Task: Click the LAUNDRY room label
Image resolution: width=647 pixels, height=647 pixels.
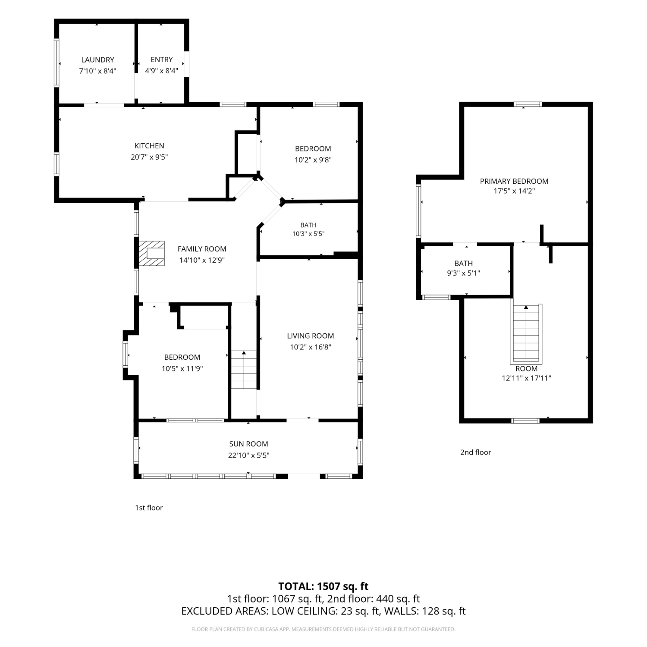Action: coord(97,60)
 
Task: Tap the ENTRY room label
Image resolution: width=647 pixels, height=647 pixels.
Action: coord(162,60)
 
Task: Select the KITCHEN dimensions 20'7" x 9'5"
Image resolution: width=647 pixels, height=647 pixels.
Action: coord(149,157)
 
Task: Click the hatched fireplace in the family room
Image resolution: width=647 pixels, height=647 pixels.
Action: coord(151,254)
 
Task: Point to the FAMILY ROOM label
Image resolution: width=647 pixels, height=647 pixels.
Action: coord(202,249)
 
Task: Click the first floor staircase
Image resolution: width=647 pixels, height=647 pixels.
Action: coord(244,370)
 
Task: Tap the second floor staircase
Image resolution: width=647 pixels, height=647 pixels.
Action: coord(526,333)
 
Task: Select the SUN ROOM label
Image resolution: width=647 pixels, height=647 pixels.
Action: coord(248,444)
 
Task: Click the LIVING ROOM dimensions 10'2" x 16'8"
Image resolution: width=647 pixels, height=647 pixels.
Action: coord(311,347)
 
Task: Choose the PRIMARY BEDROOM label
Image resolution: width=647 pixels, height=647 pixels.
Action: coord(514,181)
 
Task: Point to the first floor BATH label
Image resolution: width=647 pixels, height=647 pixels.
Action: coord(308,225)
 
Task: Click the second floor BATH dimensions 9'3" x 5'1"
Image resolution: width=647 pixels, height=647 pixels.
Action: coord(464,273)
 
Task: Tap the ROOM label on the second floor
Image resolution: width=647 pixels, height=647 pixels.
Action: coord(526,369)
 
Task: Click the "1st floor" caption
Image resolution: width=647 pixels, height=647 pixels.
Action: coord(149,508)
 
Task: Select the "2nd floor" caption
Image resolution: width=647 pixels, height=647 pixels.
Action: coord(475,452)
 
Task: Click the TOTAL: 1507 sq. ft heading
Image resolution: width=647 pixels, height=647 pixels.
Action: coord(323,587)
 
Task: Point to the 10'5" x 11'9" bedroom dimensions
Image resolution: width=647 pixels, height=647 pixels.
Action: coord(182,369)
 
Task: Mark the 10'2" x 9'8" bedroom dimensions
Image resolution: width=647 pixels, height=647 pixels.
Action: coord(313,160)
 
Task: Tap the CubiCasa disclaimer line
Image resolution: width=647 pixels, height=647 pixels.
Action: coord(323,629)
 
